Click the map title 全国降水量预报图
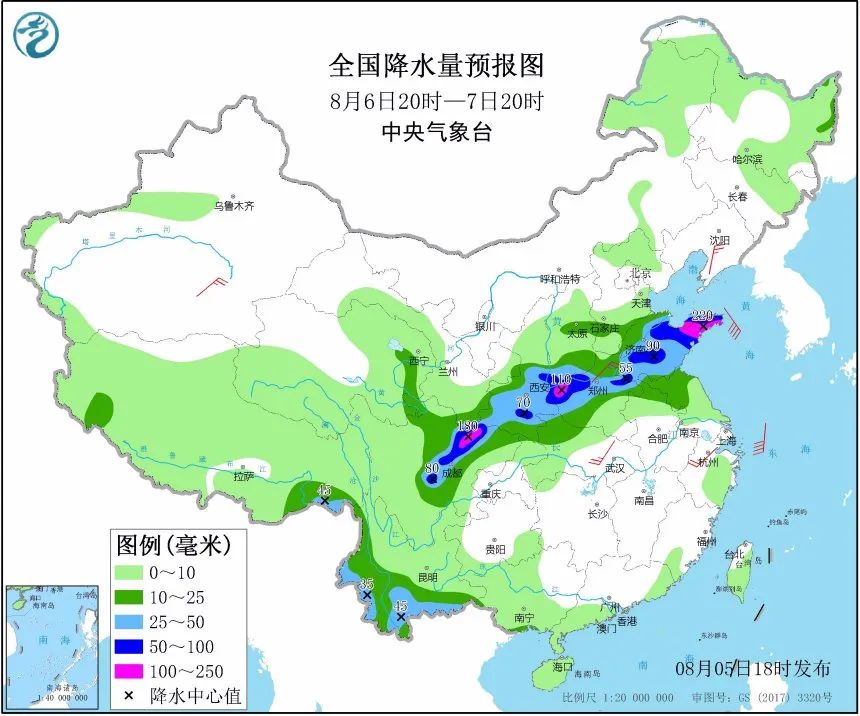point(437,66)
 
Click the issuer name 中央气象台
point(437,132)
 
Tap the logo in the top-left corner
point(36,36)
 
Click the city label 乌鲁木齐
point(234,207)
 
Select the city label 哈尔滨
point(747,160)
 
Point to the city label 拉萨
point(244,477)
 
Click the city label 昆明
point(428,577)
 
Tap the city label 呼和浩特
point(559,279)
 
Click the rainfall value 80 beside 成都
point(432,467)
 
